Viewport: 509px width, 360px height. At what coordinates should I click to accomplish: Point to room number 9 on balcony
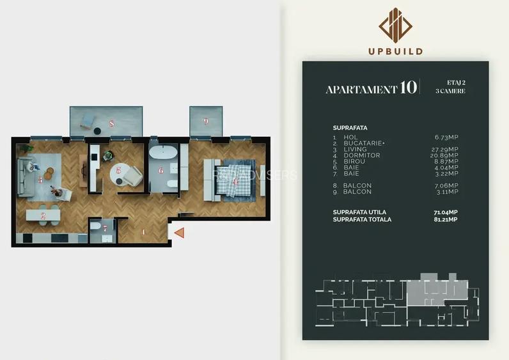coord(206,121)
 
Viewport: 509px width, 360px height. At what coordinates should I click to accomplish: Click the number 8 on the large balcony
coord(111,123)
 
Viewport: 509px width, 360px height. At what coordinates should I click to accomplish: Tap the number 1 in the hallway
coord(145,232)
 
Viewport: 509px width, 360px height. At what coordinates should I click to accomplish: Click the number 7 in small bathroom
coord(106,228)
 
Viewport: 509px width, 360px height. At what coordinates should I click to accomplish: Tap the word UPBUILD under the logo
coord(395,51)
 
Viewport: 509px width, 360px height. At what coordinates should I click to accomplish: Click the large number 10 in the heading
coord(408,88)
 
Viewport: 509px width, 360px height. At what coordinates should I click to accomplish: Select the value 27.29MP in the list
coord(445,149)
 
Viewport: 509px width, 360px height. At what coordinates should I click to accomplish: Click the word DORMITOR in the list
coord(362,155)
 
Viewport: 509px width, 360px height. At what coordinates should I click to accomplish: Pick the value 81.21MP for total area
coord(445,219)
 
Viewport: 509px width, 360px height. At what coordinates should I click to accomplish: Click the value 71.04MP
coord(445,212)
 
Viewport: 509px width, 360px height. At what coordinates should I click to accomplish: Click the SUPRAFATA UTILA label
coord(359,212)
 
